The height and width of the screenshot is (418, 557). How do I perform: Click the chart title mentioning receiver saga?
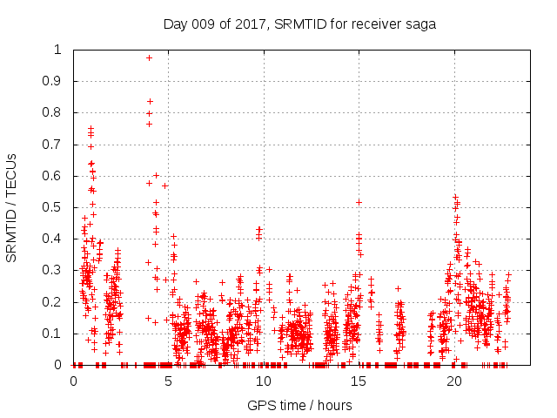299,24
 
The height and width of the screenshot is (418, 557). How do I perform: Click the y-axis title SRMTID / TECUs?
11,207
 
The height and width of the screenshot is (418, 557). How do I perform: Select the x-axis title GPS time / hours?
299,405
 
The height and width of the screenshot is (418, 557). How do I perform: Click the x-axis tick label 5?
169,381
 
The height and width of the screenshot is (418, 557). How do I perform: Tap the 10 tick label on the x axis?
264,381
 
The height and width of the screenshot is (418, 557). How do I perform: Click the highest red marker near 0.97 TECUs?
150,57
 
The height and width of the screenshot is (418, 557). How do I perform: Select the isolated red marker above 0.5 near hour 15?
359,202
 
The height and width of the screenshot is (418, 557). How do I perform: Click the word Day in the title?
177,24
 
